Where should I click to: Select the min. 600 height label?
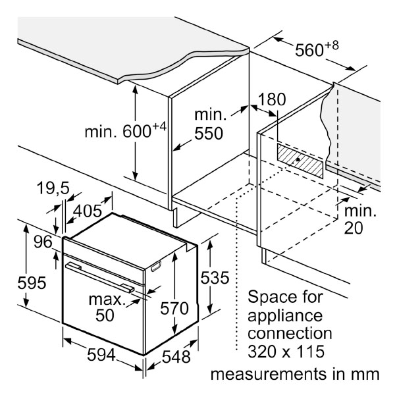(124, 132)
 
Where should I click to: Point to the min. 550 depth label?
(209, 124)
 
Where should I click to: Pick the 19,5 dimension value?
(52, 189)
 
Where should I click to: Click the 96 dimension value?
(43, 242)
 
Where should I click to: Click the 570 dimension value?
(174, 308)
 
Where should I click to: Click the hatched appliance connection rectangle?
(300, 161)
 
